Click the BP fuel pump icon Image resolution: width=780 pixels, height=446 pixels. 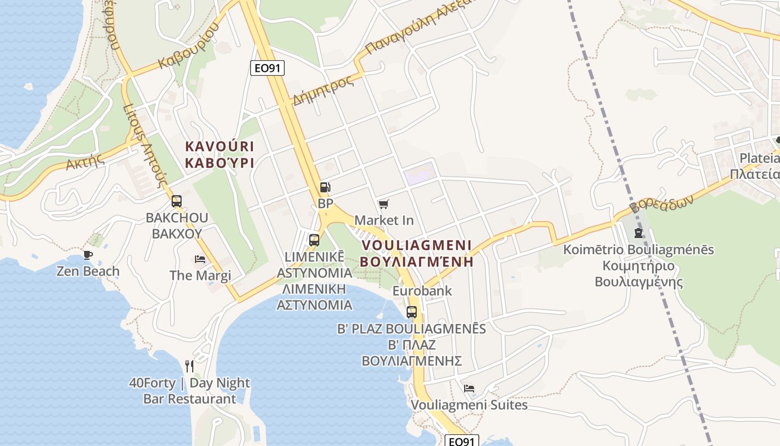pos(325,188)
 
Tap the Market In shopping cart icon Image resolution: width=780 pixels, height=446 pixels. pos(383,205)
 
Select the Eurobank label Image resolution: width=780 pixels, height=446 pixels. pos(422,290)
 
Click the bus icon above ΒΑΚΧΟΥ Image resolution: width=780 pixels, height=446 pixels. pos(177,201)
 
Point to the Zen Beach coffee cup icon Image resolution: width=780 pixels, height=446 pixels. pos(87,255)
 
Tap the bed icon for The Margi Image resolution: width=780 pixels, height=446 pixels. pos(200,259)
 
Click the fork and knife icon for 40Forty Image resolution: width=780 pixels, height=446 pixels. pos(189,366)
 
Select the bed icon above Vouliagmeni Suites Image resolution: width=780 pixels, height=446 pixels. pos(469,388)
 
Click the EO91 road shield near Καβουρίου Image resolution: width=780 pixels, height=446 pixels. pos(267,68)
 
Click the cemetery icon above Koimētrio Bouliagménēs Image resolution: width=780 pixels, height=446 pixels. pos(638,232)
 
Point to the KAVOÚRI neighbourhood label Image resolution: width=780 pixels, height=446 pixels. pos(219,147)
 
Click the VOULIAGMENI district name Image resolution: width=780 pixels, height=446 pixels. pos(417,245)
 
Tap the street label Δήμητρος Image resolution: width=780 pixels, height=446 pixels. pos(323,90)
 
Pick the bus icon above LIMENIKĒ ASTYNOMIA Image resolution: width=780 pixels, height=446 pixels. pos(314,240)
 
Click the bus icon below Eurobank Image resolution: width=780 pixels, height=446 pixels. pos(412,312)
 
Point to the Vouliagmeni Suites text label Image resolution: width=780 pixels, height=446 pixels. pos(469,404)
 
